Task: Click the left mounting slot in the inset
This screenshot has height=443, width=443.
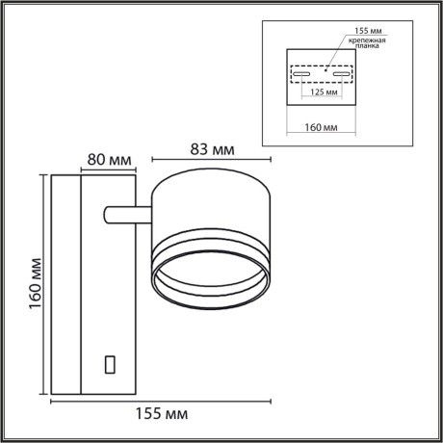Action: click(300, 74)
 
